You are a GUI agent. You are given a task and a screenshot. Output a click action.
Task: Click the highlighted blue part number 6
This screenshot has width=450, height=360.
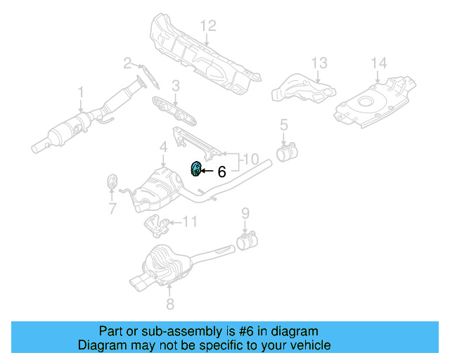[x=197, y=169]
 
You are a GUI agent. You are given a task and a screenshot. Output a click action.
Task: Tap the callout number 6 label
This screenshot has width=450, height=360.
[x=221, y=172]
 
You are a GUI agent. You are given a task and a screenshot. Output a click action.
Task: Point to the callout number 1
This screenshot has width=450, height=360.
[x=81, y=92]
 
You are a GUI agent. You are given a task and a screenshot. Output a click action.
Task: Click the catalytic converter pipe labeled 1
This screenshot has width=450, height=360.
[x=77, y=127]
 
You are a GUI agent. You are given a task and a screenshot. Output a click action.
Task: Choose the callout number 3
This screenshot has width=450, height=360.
[x=176, y=86]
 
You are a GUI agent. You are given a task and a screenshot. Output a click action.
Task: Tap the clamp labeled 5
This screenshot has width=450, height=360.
[x=287, y=151]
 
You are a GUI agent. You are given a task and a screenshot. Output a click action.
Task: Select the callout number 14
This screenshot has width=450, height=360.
[x=378, y=64]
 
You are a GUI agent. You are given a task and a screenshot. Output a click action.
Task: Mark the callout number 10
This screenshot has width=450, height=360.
[x=252, y=158]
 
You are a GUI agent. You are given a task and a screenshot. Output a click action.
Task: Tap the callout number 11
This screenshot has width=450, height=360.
[x=191, y=222]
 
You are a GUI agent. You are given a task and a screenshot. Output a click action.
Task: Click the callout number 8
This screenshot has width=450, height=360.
[x=169, y=304]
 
